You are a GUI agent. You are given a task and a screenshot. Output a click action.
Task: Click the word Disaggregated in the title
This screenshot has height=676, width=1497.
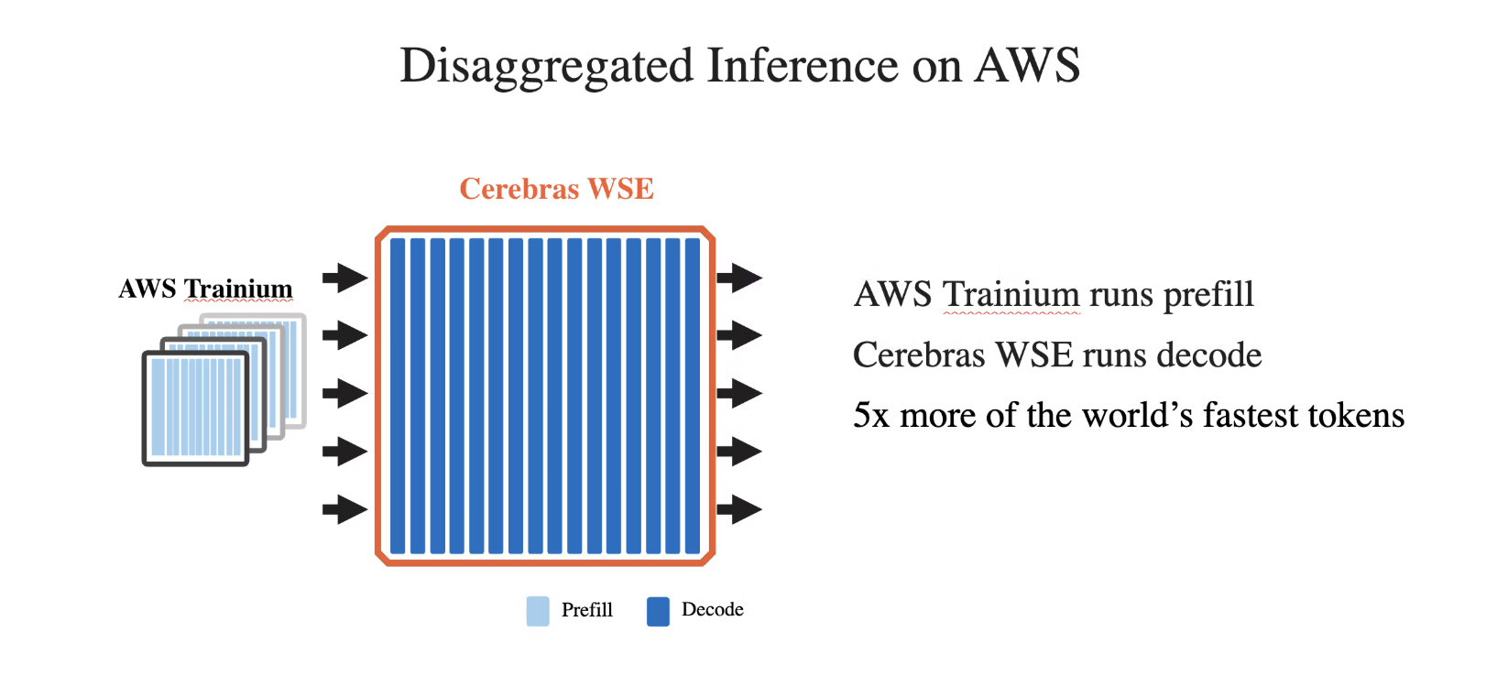pos(546,67)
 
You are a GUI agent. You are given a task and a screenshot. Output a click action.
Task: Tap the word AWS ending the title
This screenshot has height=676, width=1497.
pos(1027,67)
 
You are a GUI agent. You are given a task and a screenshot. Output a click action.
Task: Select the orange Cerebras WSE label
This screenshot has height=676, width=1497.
pos(556,189)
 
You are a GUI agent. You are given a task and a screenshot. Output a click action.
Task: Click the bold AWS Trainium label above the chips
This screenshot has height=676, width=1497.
pos(205,289)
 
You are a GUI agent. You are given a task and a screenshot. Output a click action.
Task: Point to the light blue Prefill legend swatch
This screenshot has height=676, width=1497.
pos(538,611)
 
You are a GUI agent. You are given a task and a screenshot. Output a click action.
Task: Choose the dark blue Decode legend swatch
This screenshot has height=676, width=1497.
pos(658,611)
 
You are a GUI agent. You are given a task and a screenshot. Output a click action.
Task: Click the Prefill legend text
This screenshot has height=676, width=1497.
pos(586,610)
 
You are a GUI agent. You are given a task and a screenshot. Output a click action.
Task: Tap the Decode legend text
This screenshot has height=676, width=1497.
pos(712,610)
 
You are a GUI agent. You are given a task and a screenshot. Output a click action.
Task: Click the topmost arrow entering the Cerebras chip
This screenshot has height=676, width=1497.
pos(344,277)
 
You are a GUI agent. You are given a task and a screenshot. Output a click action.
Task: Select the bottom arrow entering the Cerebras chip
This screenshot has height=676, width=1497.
pos(344,509)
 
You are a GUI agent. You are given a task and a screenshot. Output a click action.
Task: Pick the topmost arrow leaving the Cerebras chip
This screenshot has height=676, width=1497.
pos(739,277)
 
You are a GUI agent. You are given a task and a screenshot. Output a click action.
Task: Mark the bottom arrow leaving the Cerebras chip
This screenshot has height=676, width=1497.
pos(739,509)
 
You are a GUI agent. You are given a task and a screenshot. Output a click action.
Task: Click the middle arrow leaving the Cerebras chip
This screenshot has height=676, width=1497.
pos(739,393)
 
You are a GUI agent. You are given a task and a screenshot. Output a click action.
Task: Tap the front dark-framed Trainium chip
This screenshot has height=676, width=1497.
pos(196,407)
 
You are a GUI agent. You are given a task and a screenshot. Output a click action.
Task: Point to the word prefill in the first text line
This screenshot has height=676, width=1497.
pos(1207,295)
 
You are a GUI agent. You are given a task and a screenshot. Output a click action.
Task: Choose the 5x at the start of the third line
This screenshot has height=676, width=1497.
pos(870,416)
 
